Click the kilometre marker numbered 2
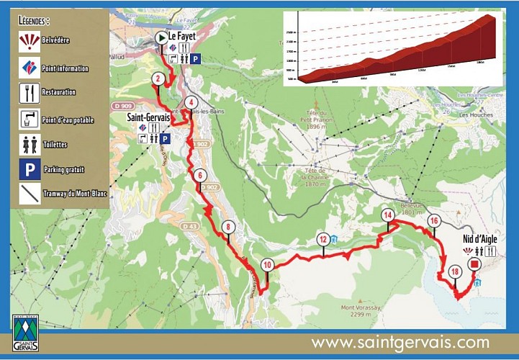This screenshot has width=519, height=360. (x=158, y=79)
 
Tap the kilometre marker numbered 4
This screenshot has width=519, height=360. (x=190, y=102)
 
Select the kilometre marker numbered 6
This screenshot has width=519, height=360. (x=199, y=175)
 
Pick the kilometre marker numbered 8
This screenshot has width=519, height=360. (x=228, y=227)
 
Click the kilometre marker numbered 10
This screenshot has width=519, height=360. (x=267, y=265)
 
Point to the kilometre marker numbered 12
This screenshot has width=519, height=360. (x=323, y=240)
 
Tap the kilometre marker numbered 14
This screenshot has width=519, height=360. (x=388, y=215)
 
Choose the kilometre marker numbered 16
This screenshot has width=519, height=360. (x=433, y=220)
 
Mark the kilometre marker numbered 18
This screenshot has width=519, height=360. (x=454, y=272)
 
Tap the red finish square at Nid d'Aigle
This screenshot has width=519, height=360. (x=474, y=265)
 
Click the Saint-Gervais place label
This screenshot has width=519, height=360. (x=148, y=116)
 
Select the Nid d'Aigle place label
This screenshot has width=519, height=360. (x=480, y=240)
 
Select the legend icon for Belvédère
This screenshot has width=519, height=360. (x=30, y=41)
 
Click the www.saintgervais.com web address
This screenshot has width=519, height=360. (x=400, y=343)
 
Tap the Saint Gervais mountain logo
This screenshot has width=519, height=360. (x=26, y=334)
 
